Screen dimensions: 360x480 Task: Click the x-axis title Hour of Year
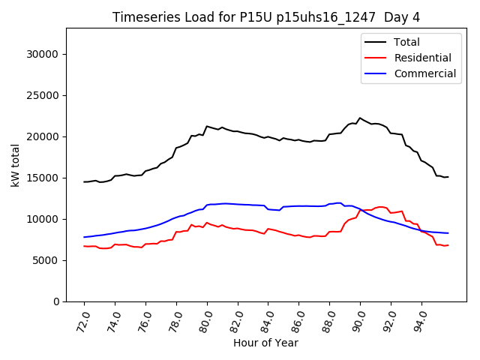click(x=265, y=343)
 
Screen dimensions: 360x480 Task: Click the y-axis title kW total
click(x=16, y=165)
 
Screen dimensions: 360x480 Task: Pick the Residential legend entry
click(x=422, y=58)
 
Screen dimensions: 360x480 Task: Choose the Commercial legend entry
click(x=424, y=73)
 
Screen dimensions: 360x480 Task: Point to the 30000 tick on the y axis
click(x=45, y=54)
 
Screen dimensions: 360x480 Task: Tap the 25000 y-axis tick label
click(x=45, y=95)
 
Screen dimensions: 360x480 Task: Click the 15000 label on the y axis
click(x=45, y=178)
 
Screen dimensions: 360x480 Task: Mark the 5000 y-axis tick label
click(x=48, y=260)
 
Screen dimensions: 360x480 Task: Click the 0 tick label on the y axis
click(x=57, y=301)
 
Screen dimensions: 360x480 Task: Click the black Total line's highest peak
click(x=360, y=118)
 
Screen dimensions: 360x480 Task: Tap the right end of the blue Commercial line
click(x=448, y=233)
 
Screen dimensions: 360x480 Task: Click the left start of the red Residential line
click(x=84, y=246)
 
